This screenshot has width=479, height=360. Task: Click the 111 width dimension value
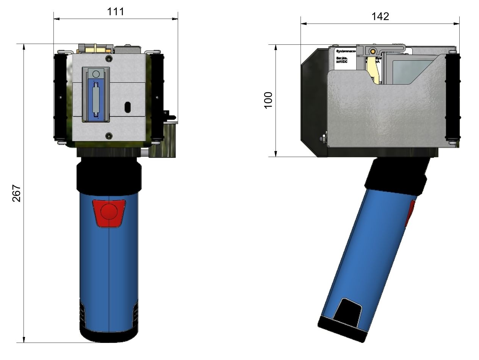pos(116,11)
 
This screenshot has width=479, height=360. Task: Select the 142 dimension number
pos(380,16)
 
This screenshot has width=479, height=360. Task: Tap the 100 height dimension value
pos(268,100)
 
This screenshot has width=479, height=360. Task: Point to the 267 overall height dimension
pos(16,193)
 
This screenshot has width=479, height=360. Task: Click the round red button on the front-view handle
pos(109,211)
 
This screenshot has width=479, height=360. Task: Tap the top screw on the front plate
pos(109,58)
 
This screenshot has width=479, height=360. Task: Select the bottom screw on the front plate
pos(109,135)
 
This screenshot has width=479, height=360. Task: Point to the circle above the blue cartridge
pos(96,74)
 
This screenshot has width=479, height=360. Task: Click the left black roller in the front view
pos(60,97)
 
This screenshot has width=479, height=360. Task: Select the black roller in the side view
pos(454,97)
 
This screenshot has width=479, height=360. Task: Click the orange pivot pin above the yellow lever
pos(373,51)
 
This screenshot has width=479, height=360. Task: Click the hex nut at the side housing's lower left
pos(323,139)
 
